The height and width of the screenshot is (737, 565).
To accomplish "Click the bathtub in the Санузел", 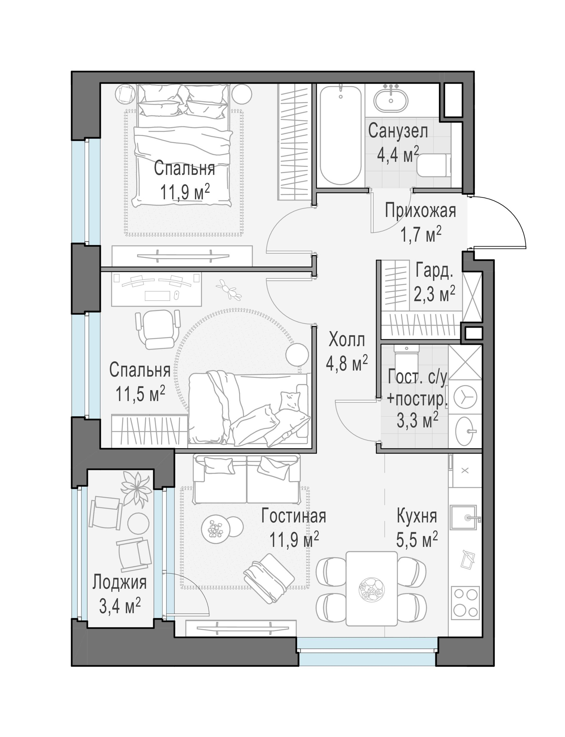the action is coord(341,135).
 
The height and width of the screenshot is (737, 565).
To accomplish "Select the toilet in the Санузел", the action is coord(434,166).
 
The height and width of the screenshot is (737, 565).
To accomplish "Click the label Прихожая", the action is coord(420,211).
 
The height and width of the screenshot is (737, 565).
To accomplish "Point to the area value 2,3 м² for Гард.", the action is coord(434,294).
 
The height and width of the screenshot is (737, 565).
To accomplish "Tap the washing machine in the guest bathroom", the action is coord(465,397).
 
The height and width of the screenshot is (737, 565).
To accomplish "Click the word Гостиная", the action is coord(294,516).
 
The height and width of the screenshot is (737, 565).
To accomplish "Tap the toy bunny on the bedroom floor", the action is coord(230,289).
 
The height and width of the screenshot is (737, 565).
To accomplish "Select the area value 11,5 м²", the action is coord(140,394).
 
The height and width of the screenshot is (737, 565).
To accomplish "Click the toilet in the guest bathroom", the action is coord(406,361).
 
